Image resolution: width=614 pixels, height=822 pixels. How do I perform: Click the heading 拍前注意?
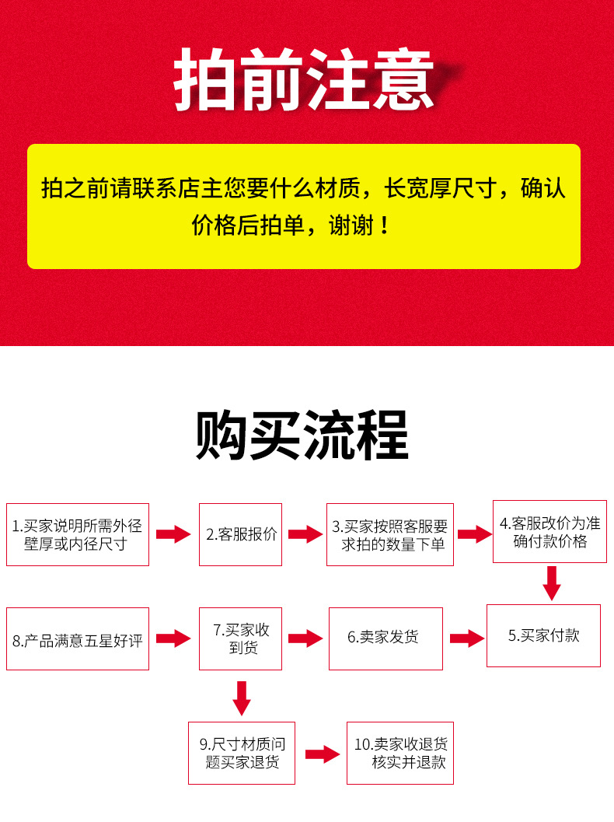point(304,80)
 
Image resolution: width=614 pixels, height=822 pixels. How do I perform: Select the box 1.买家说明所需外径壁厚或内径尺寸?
point(78,534)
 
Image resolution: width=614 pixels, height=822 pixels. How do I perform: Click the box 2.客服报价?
point(241,534)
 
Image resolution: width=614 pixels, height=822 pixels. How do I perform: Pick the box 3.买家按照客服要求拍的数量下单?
point(390,534)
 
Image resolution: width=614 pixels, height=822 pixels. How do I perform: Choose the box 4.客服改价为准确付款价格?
point(550,532)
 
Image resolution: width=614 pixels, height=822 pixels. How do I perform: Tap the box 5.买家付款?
point(544,635)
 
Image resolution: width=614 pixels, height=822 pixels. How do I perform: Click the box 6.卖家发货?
point(385,638)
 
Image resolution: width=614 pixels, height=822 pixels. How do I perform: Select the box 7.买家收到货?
point(241,638)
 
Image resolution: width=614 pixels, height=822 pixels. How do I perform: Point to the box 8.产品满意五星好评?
point(78,639)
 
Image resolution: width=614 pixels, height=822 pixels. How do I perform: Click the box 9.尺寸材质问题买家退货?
point(242,753)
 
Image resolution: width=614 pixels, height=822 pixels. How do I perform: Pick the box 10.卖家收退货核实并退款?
point(400,753)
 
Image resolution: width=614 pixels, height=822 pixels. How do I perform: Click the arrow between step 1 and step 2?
point(173,534)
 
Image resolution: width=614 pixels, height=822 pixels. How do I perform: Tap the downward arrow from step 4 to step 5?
point(552,582)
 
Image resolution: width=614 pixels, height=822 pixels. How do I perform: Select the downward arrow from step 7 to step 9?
point(242,697)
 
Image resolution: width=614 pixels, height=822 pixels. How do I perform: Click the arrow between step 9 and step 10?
point(320,754)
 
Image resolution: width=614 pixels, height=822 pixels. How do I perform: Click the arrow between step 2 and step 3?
point(305,534)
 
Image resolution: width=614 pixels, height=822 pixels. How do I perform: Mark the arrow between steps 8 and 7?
point(173,638)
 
